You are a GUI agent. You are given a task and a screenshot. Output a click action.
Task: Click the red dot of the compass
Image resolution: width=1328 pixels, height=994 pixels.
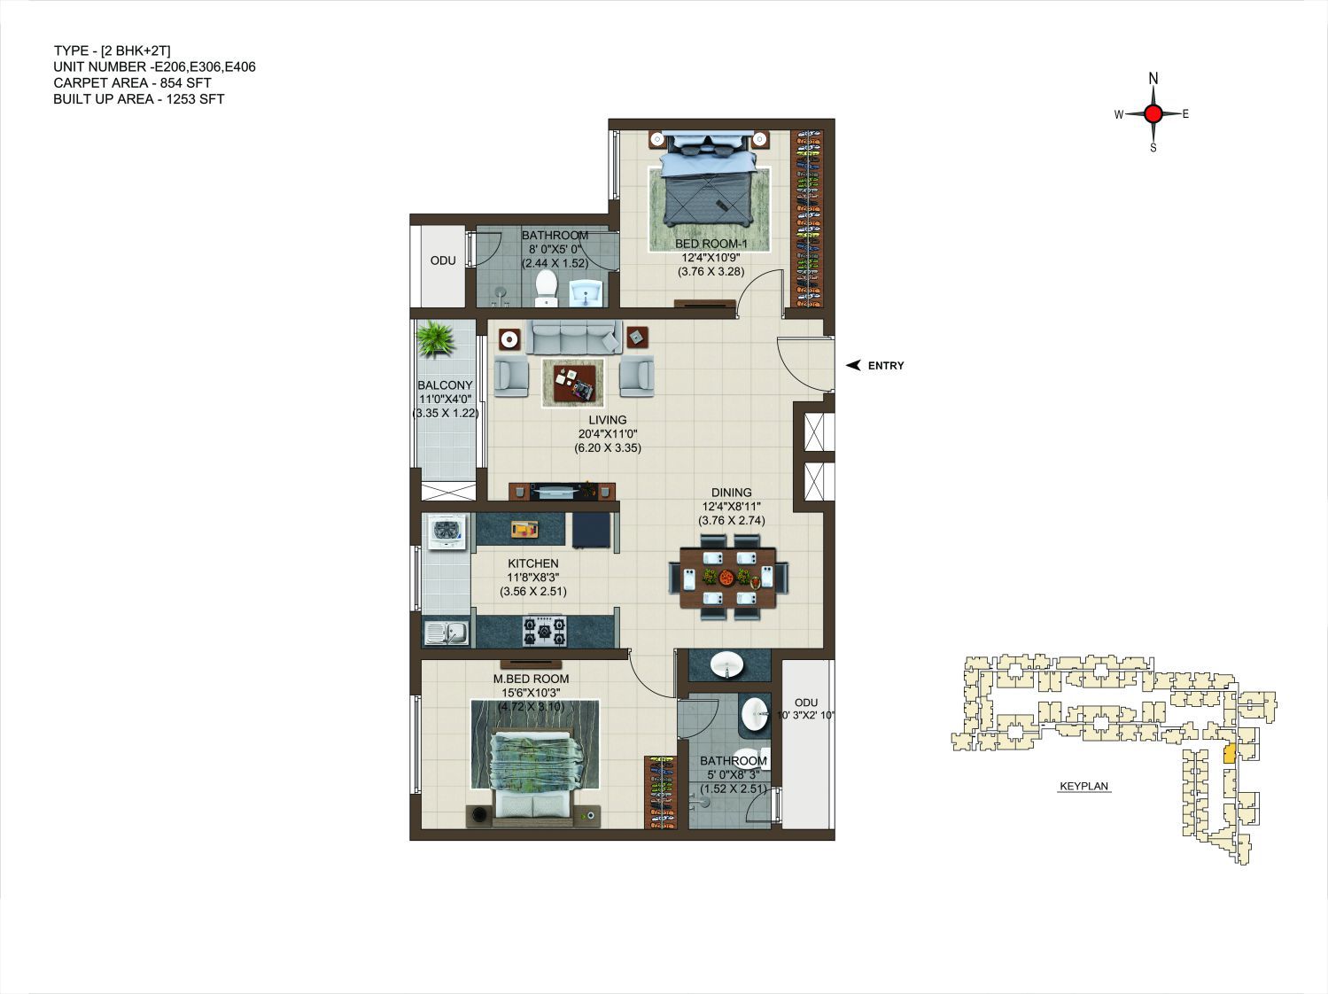point(1153,113)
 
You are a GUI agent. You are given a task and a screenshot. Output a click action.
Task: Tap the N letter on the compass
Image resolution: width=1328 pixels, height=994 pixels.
point(1153,78)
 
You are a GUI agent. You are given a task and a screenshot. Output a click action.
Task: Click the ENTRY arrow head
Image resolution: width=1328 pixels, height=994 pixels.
point(853,365)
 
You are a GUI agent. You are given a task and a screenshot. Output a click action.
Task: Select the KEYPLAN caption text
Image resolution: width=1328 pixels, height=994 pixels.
point(1083,787)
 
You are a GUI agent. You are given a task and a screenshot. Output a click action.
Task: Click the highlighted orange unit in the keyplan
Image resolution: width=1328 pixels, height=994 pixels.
point(1230,754)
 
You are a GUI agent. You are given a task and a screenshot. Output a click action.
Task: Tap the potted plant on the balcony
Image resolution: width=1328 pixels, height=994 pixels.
point(435,339)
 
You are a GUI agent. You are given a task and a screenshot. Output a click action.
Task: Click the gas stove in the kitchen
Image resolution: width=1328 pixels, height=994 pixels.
point(545,631)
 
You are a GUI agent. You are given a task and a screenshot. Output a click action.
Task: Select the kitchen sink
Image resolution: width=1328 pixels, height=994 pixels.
point(447,633)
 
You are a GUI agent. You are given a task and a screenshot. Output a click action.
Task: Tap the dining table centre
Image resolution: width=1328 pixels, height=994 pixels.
point(728,577)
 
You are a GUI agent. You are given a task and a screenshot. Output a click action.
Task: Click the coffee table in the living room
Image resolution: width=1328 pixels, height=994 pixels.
point(573,383)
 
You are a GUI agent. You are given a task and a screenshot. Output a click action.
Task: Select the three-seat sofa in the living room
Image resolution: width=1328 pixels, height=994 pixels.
point(573,337)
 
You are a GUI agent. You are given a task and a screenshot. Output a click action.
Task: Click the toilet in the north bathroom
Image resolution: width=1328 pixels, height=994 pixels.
point(547,289)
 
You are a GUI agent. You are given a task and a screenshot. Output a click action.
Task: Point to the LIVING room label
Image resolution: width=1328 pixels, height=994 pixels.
point(608,420)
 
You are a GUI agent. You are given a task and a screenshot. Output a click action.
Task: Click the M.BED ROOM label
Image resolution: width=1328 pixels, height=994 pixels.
point(531,679)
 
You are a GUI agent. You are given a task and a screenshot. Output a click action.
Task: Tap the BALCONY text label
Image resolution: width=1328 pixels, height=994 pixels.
point(445,385)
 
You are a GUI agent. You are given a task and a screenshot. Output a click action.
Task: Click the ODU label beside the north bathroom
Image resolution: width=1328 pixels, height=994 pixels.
point(443,260)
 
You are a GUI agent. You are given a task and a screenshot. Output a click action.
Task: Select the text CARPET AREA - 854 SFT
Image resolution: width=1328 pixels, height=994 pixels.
point(133,83)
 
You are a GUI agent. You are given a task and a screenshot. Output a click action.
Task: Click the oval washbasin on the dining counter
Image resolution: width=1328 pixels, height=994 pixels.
point(726,665)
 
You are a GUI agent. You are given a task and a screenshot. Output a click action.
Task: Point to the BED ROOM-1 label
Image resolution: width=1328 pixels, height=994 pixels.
point(711,244)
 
